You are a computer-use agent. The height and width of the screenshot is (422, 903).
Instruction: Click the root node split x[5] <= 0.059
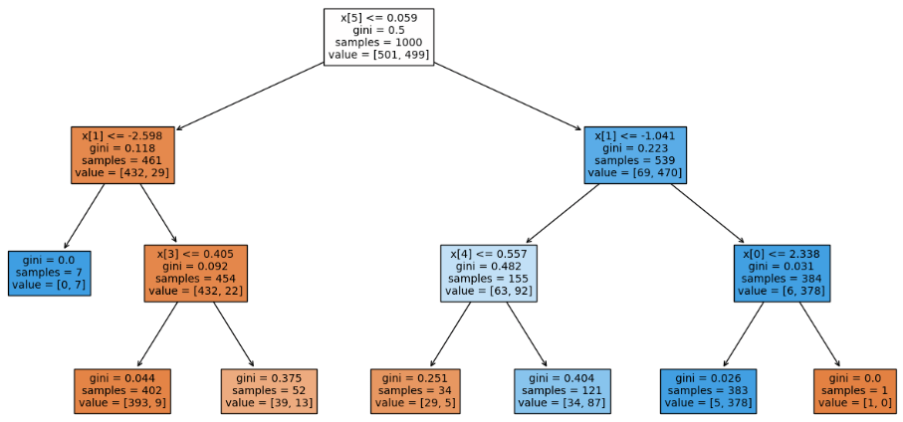(379, 36)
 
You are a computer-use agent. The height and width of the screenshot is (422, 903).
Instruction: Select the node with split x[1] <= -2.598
(123, 154)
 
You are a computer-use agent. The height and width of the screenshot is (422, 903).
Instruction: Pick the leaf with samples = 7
(50, 273)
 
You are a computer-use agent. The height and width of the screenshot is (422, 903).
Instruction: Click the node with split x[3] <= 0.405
(196, 273)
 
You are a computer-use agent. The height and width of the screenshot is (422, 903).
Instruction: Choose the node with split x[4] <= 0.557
(488, 273)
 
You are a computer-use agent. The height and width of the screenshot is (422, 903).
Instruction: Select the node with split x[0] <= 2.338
(782, 273)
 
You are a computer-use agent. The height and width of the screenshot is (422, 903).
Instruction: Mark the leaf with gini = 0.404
(562, 391)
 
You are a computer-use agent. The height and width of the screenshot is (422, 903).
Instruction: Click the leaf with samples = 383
(708, 391)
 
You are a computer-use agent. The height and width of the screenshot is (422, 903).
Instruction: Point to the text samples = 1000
(379, 43)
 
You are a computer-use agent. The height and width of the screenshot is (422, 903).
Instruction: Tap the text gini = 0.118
(123, 147)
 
